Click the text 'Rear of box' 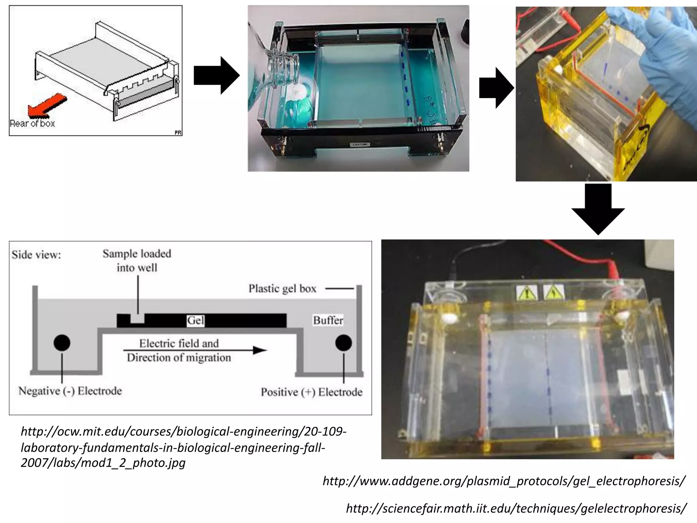32,123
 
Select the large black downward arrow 598,209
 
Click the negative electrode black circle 62,343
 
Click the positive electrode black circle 343,343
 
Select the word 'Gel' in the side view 196,320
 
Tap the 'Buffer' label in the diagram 328,320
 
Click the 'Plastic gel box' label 282,289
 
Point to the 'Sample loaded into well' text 137,260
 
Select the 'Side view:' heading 36,255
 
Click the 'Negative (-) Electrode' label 70,391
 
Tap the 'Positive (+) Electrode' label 311,392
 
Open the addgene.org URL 504,481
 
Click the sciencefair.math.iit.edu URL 516,508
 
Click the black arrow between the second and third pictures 496,88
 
